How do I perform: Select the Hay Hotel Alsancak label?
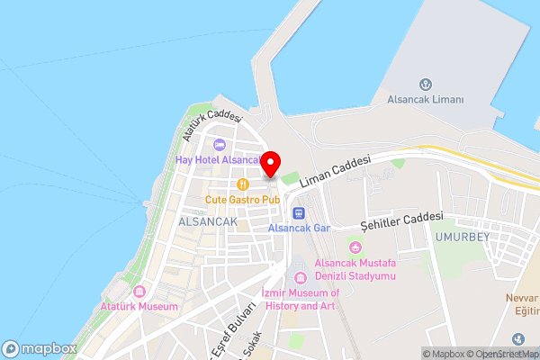pos(219,159)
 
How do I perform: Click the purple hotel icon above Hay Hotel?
pos(219,145)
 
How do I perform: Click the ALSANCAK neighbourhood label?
pos(208,221)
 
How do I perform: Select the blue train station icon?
pos(299,213)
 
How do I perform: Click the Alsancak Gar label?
pos(300,229)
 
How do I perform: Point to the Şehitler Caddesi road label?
pos(401,220)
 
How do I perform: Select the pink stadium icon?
pos(355,247)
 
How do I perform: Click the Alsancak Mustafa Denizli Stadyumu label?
pos(355,269)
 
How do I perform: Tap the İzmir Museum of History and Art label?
pos(300,300)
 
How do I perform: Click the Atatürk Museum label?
pos(139,307)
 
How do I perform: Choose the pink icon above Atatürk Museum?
pos(139,292)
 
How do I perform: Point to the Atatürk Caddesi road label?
pos(212,125)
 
